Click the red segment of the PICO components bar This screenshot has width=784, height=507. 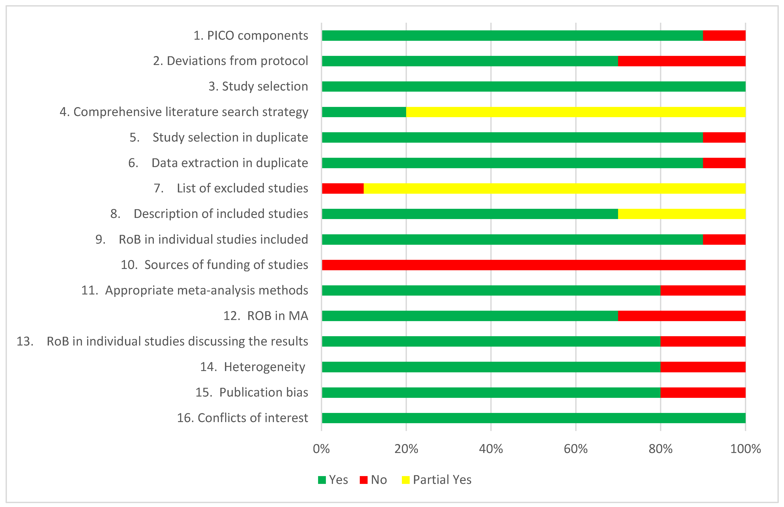(x=724, y=36)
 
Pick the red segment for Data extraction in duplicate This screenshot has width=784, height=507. (x=724, y=163)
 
